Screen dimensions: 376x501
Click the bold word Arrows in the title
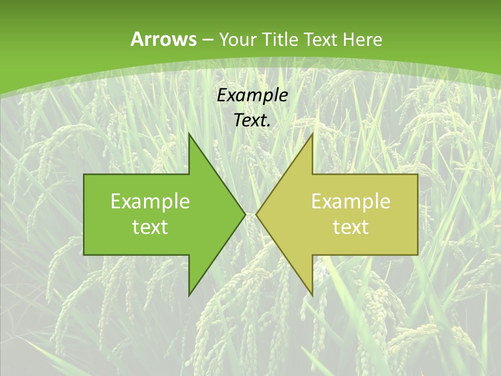[163, 39]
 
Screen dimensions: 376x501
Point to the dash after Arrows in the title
[207, 40]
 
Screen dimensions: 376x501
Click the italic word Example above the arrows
[252, 96]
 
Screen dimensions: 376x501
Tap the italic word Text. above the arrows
[252, 121]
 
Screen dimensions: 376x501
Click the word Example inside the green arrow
[150, 202]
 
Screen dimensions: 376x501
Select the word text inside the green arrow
[150, 227]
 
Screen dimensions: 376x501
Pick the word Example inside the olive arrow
[351, 202]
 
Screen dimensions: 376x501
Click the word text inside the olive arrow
[351, 227]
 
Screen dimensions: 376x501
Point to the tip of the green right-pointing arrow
[245, 214]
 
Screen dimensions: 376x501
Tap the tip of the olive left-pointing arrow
[256, 214]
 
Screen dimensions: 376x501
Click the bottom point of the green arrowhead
[189, 296]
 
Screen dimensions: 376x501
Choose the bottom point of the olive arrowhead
[313, 296]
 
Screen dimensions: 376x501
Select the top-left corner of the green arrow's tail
[84, 174]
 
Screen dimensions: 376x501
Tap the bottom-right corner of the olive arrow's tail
[417, 255]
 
